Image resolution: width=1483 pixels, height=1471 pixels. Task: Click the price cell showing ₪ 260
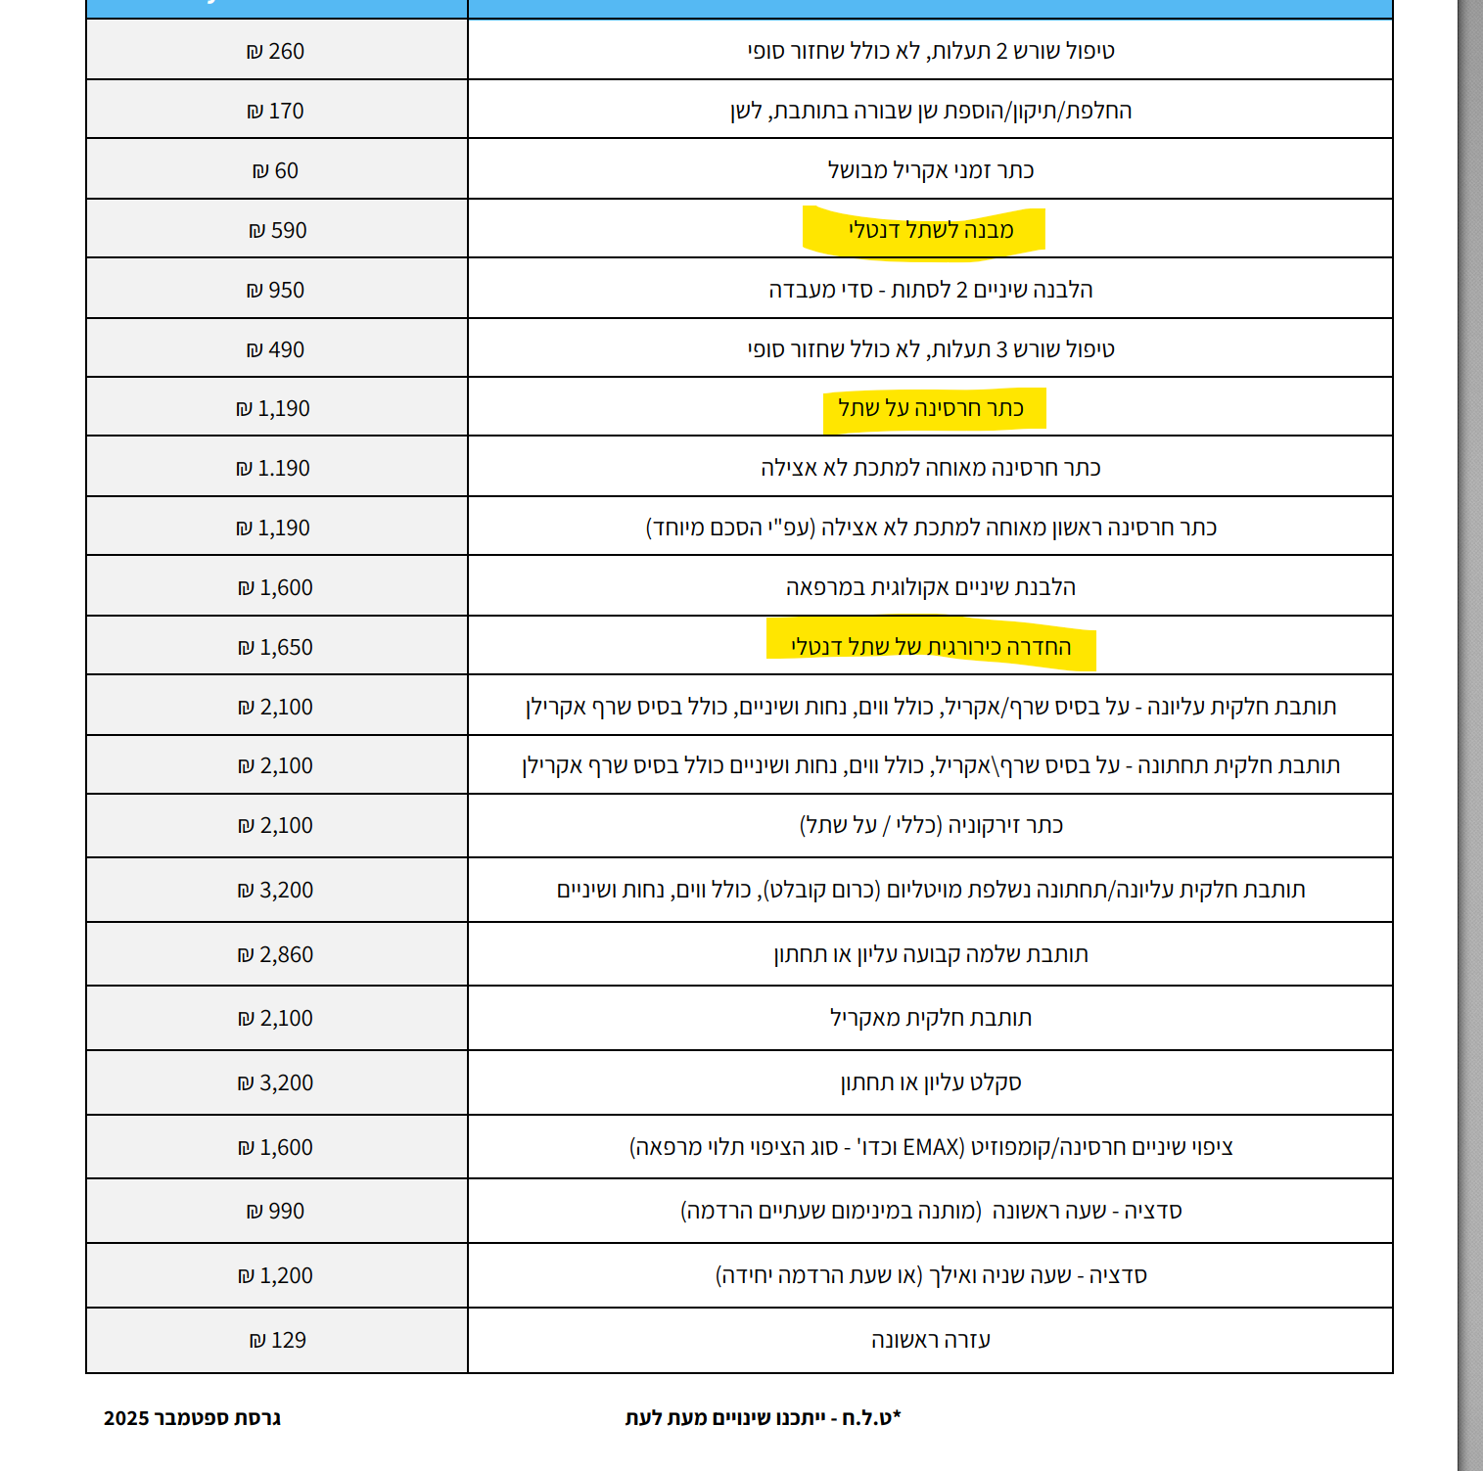click(x=276, y=51)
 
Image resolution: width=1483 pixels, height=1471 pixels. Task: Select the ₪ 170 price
click(x=276, y=111)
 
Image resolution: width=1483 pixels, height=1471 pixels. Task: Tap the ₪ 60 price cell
click(x=276, y=170)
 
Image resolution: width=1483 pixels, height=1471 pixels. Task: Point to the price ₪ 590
click(x=278, y=230)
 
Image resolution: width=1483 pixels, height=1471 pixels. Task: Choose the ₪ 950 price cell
click(x=276, y=290)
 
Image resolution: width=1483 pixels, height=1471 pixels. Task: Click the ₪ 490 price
click(x=276, y=349)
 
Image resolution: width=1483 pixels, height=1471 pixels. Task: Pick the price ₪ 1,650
click(x=276, y=647)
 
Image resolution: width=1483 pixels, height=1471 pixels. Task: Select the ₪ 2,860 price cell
click(x=276, y=954)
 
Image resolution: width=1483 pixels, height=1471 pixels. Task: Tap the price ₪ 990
click(x=276, y=1211)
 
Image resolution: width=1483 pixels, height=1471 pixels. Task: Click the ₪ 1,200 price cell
click(x=276, y=1275)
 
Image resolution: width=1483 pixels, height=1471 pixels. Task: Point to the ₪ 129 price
click(x=278, y=1340)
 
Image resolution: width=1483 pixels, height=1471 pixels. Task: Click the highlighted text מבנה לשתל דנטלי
click(x=930, y=230)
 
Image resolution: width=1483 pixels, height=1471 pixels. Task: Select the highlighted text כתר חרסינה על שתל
click(x=930, y=408)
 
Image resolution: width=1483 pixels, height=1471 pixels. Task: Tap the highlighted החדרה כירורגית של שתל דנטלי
click(x=930, y=647)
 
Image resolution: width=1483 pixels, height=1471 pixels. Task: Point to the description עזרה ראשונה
click(x=930, y=1340)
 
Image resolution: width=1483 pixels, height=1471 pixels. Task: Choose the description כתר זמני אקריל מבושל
click(x=930, y=170)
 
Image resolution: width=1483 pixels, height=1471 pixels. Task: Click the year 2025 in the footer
click(x=126, y=1418)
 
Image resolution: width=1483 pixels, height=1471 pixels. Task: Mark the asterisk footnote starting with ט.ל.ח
click(x=763, y=1417)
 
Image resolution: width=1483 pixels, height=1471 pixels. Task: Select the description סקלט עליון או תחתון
click(x=930, y=1082)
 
